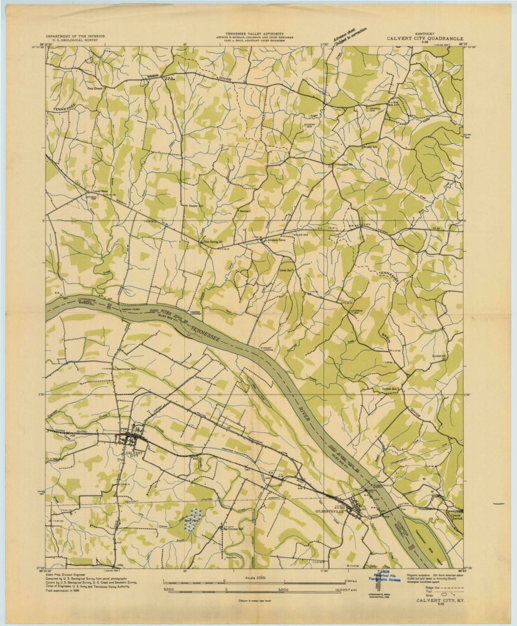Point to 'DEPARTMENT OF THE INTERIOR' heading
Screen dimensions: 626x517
point(75,36)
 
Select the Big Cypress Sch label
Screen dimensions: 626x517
point(235,529)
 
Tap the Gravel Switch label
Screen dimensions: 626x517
point(456,516)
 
